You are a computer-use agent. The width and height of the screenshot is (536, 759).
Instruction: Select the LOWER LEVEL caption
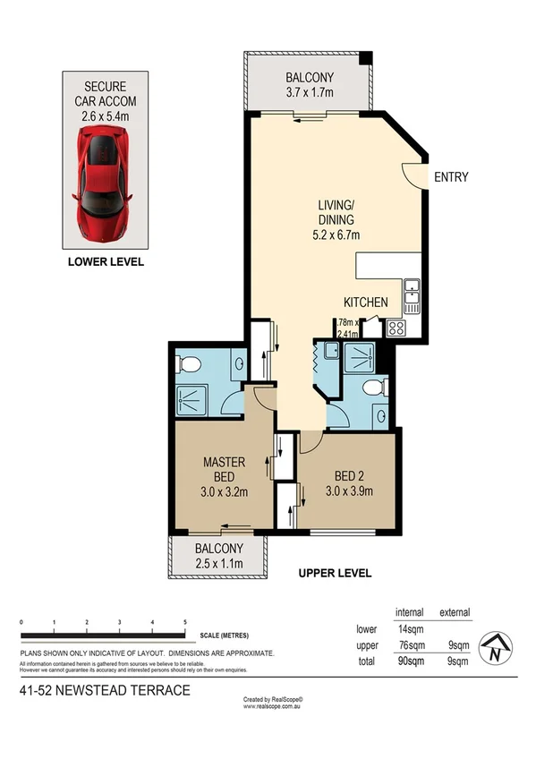[x=106, y=262]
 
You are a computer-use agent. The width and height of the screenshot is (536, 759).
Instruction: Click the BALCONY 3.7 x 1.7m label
[x=309, y=84]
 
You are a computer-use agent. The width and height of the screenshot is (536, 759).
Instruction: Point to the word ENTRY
[x=451, y=177]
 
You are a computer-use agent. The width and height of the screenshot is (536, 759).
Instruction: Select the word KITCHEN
[x=366, y=303]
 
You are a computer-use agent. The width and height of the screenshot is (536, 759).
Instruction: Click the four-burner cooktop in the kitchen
[x=396, y=328]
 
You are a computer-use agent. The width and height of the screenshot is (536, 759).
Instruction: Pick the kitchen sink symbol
[x=413, y=293]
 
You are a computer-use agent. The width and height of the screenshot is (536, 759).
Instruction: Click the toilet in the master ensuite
[x=188, y=364]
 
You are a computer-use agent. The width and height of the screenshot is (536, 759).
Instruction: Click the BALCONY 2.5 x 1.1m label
[x=218, y=556]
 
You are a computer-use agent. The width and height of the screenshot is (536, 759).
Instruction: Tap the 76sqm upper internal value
[x=410, y=645]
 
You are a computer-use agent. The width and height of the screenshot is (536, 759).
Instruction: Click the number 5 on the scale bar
[x=185, y=621]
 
